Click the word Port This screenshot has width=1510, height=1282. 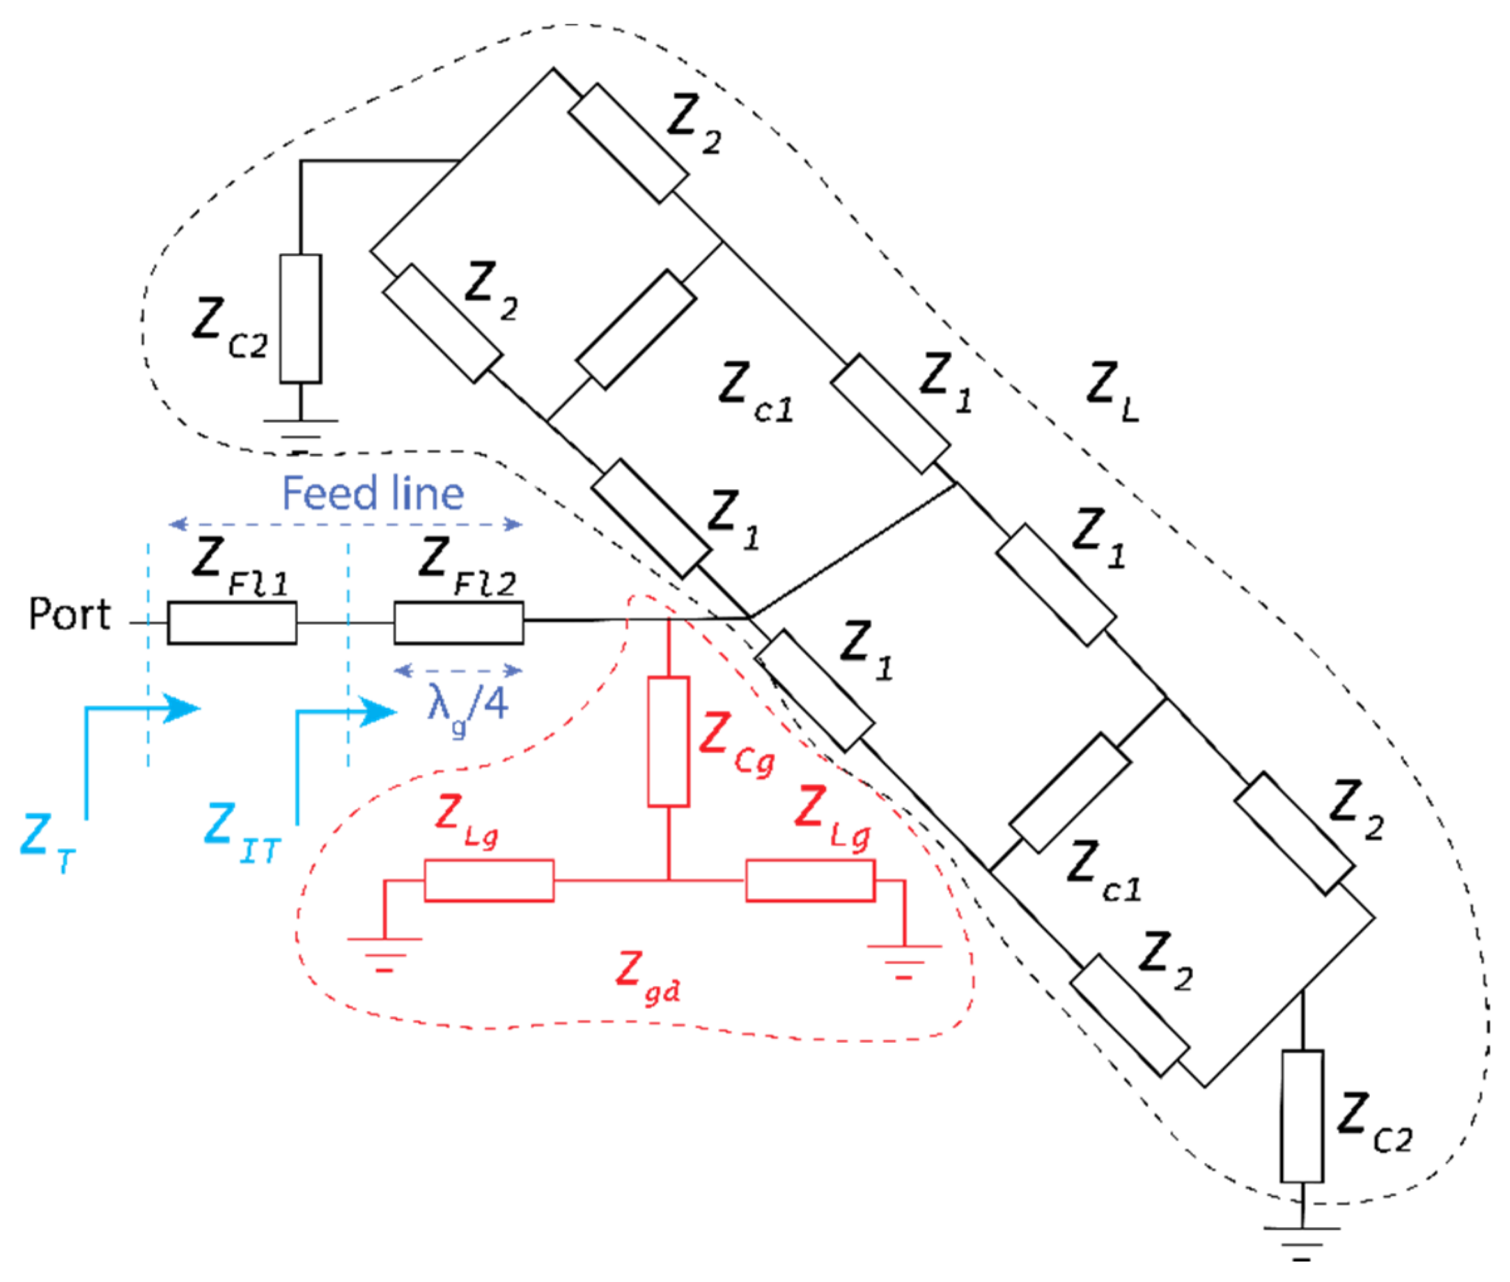[69, 615]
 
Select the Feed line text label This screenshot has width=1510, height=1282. [373, 493]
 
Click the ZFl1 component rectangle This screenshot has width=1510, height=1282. [232, 623]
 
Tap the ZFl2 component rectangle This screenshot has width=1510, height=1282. [458, 623]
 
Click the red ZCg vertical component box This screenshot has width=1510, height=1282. [668, 741]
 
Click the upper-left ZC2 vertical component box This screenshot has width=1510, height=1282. [301, 318]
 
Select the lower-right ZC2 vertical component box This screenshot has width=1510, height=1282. [1302, 1115]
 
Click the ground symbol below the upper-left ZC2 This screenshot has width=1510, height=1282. [301, 433]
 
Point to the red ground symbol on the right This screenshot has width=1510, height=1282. [904, 960]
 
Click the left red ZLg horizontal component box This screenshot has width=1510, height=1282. [489, 881]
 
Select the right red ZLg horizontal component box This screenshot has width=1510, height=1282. [810, 881]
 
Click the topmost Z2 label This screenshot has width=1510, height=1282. [694, 123]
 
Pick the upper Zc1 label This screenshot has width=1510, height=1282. [756, 392]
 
